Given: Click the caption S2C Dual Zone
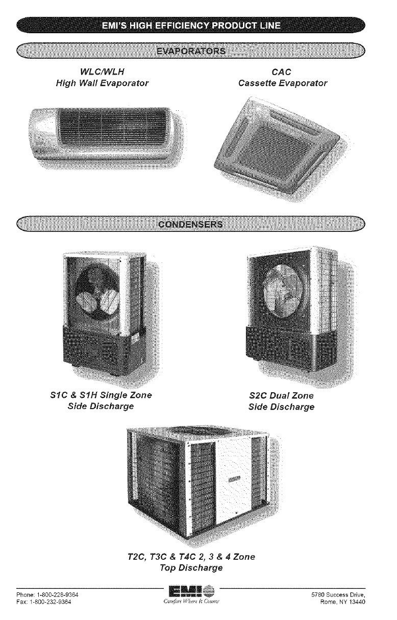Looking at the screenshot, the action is (281, 396).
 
